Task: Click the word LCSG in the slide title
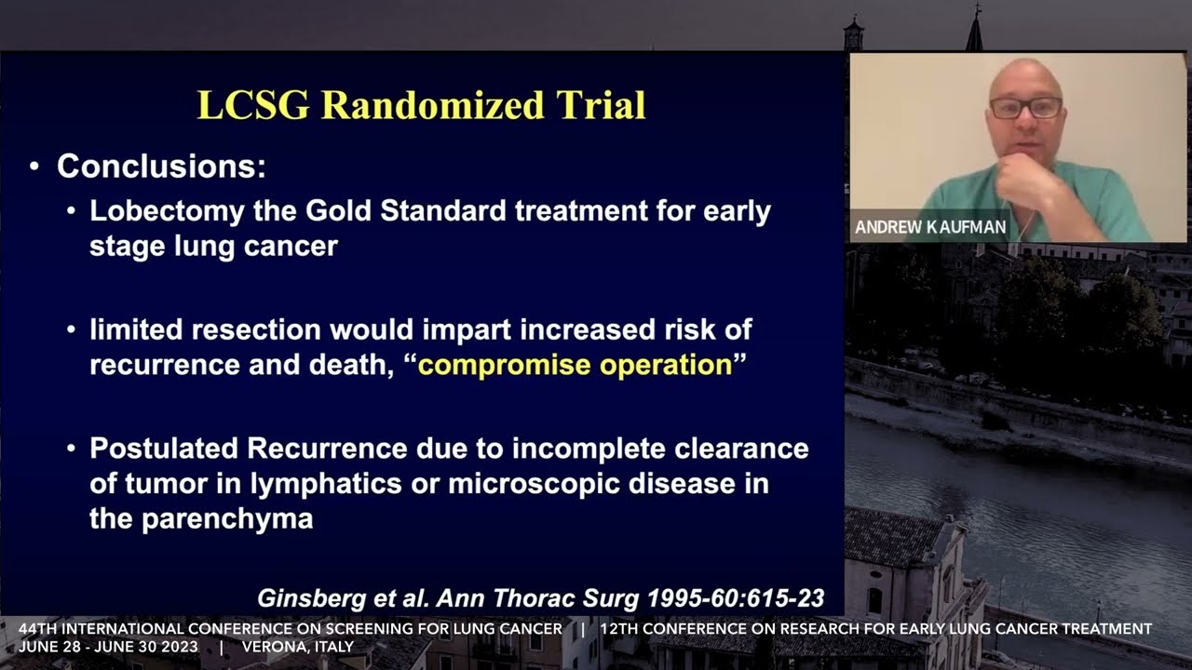point(253,105)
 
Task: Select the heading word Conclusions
point(161,166)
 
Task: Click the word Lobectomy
point(167,212)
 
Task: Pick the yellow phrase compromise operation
point(576,366)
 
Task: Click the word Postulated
point(163,449)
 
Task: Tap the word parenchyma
point(227,520)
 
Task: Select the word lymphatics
point(326,485)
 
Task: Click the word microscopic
point(534,485)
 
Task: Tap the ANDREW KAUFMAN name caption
point(930,227)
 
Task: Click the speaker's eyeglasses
point(1025,108)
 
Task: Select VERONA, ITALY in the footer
point(298,647)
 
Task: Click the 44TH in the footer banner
point(37,629)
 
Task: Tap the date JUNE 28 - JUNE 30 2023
point(108,647)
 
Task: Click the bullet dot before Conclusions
point(34,167)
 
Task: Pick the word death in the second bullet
point(351,366)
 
